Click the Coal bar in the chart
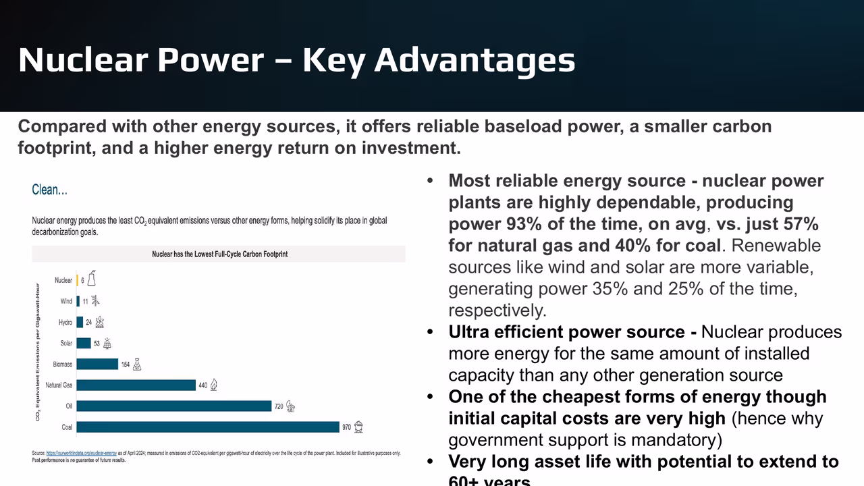coord(208,427)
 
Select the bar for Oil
coord(174,406)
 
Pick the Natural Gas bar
coord(136,385)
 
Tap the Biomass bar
coord(97,364)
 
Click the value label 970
coord(346,427)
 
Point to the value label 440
coord(202,385)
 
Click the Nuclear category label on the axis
coord(63,280)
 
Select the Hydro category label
coord(65,323)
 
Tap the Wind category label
coord(65,301)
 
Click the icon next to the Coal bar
coord(360,427)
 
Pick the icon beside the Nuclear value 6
coord(91,279)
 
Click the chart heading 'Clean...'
coord(49,190)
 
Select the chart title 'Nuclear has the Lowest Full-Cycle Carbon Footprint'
coord(219,254)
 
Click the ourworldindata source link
coord(81,453)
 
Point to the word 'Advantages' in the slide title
coord(475,59)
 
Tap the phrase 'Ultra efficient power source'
coord(566,332)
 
